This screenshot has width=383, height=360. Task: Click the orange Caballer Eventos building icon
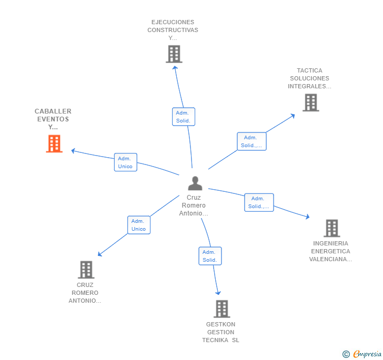[54, 143]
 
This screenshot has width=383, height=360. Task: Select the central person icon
[195, 183]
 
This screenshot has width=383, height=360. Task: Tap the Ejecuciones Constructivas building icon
[174, 54]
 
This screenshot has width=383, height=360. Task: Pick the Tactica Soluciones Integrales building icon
[311, 102]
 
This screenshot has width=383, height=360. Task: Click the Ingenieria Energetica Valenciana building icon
[331, 228]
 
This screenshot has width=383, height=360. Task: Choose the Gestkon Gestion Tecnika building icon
[221, 309]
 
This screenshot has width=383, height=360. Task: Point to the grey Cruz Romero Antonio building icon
[86, 270]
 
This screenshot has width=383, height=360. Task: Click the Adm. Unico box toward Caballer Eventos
[125, 162]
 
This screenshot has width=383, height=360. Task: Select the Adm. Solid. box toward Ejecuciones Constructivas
[183, 117]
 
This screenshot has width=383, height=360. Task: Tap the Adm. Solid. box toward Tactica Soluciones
[251, 141]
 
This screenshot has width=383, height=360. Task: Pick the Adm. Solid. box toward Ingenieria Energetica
[258, 202]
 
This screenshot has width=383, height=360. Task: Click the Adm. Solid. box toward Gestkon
[209, 256]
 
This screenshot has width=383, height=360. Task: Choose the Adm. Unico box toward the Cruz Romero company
[138, 225]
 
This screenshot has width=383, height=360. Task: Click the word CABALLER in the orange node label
[53, 111]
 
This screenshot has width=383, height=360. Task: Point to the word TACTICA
[309, 70]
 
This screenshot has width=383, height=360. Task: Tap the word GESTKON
[221, 324]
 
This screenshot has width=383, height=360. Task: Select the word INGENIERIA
[330, 243]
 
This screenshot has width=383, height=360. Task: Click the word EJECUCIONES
[173, 22]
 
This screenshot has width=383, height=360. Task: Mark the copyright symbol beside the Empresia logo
[346, 354]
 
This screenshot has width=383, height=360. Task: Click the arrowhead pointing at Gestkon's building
[218, 293]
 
